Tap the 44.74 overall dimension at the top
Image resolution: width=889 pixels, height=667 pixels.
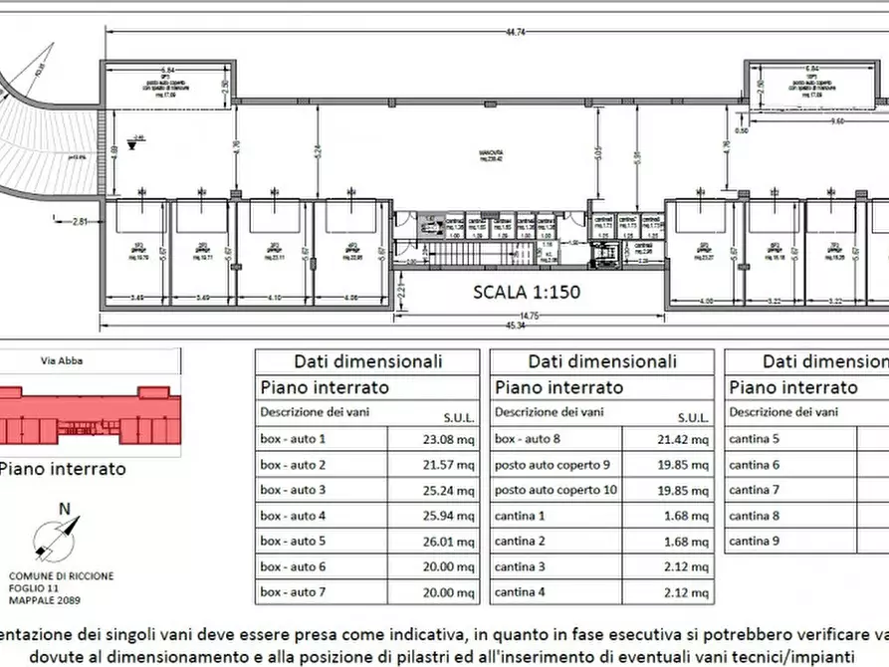point(514,33)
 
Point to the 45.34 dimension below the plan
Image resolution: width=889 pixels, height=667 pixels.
point(514,325)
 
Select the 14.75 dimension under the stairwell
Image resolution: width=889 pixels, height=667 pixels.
point(530,315)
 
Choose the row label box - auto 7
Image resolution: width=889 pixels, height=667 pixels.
point(294,592)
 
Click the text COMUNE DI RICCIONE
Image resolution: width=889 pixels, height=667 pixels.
point(61,576)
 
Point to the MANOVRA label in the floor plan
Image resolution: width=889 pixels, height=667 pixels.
point(487,152)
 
